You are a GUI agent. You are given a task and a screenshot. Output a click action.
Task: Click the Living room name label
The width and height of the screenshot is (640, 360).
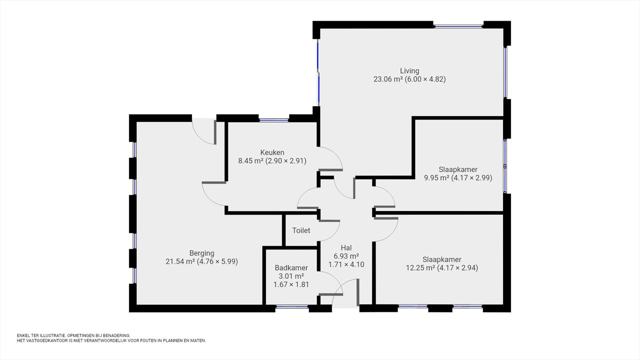410,71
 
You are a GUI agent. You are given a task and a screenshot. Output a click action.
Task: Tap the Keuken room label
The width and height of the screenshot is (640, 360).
272,152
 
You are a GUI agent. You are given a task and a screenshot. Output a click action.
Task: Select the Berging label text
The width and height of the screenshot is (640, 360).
202,253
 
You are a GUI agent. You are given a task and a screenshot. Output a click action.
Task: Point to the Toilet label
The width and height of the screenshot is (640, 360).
301,230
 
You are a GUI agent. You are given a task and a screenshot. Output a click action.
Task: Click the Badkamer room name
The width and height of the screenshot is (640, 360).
292,268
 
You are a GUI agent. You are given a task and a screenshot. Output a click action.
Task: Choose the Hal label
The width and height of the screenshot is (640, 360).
346,248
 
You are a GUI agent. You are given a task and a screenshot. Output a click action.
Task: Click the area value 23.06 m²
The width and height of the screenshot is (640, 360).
388,79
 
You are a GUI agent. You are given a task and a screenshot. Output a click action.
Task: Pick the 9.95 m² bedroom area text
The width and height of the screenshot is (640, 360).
436,178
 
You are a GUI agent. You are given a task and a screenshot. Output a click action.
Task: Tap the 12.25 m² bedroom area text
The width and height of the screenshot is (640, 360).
420,268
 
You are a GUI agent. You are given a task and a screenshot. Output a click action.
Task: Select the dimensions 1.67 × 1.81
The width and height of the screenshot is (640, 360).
292,284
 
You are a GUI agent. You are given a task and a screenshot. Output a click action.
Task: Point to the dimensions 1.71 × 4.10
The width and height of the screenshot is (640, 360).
346,264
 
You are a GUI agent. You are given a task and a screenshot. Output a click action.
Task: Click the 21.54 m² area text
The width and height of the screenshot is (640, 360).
180,262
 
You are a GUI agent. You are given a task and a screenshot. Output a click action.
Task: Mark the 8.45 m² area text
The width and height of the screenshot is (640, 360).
251,161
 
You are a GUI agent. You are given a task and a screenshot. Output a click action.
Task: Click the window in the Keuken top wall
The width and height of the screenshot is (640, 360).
274,120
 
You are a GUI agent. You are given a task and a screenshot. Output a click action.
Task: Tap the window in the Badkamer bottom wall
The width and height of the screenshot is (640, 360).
292,307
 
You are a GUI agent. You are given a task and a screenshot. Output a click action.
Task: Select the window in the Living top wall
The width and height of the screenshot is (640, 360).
458,26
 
